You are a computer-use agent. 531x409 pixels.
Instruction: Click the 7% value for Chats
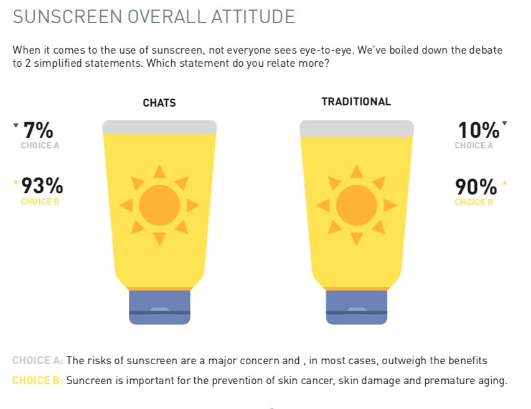(x=38, y=130)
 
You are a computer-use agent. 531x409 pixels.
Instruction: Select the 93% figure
(x=42, y=186)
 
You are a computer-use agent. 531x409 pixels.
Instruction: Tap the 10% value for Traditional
(x=479, y=130)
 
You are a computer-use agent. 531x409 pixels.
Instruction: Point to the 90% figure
(x=476, y=187)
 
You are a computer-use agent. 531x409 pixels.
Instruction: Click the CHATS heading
(x=159, y=103)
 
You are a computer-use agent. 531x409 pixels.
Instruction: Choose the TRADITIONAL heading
(x=356, y=102)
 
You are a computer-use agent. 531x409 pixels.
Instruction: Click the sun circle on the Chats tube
(x=159, y=205)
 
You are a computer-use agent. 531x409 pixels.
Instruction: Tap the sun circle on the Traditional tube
(x=357, y=205)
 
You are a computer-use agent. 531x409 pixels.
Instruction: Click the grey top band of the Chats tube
(x=159, y=127)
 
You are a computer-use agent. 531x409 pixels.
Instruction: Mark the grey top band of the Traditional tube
(x=357, y=128)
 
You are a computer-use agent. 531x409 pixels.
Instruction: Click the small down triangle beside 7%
(x=16, y=125)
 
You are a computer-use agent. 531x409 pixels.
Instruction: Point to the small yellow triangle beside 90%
(x=505, y=183)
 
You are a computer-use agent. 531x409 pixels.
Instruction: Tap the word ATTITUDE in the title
(x=253, y=17)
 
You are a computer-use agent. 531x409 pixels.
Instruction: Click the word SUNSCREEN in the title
(x=67, y=17)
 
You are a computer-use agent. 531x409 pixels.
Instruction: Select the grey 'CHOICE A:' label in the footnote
(x=37, y=360)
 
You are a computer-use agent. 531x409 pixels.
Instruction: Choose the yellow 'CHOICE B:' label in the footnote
(x=37, y=380)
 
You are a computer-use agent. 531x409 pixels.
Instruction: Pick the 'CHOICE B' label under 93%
(x=40, y=201)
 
